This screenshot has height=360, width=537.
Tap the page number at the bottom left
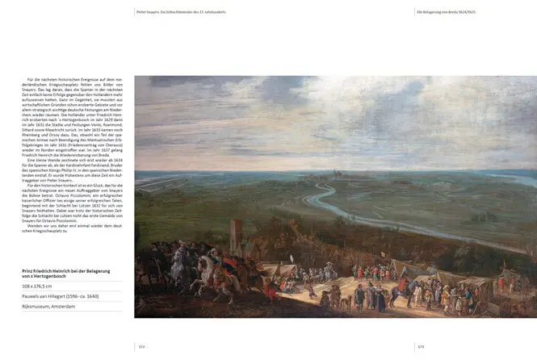tap(142, 346)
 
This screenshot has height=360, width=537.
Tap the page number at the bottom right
tap(421, 346)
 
